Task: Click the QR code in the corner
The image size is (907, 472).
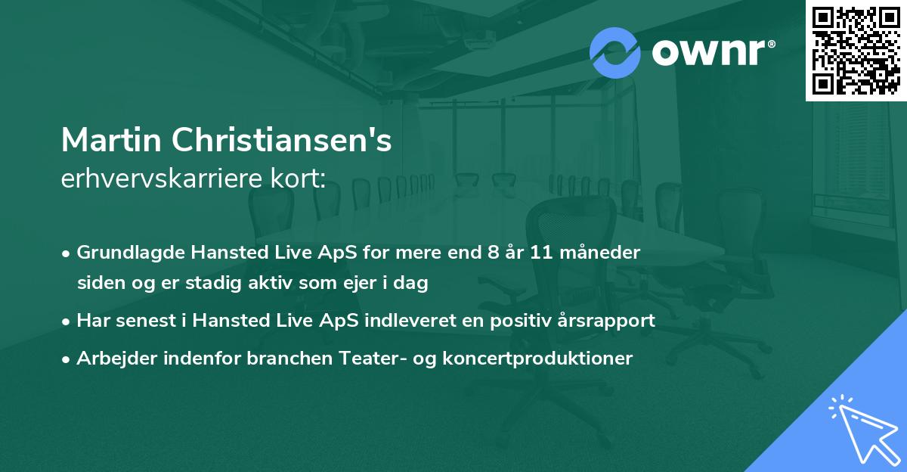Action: (x=856, y=51)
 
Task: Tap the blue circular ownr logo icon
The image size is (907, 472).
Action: (x=615, y=53)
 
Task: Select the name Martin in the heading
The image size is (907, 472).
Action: (x=111, y=140)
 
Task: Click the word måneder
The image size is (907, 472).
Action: (x=605, y=253)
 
